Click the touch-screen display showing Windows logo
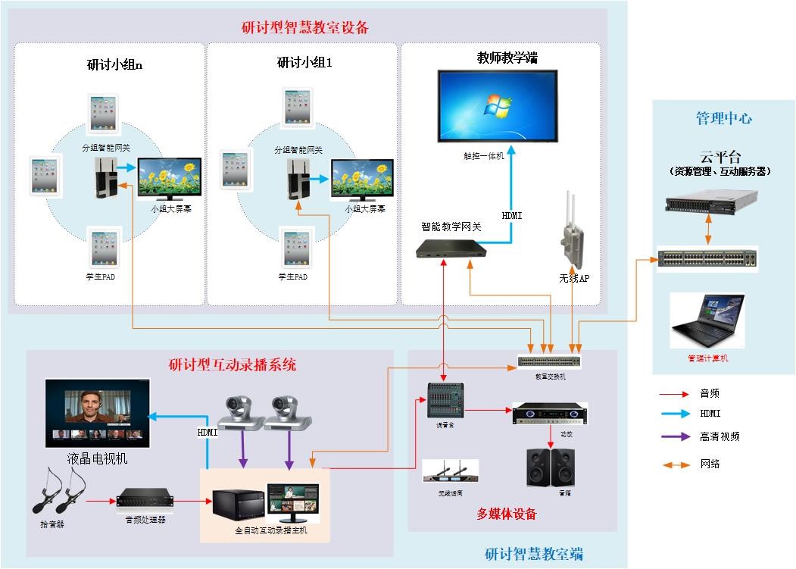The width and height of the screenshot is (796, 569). [497, 105]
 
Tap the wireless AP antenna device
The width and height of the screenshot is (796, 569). [573, 231]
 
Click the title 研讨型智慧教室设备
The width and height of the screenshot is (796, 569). [304, 28]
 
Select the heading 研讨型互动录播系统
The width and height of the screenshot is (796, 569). [232, 365]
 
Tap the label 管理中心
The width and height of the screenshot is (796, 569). [723, 118]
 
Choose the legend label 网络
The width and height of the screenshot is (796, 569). [710, 464]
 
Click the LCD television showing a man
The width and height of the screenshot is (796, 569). [98, 413]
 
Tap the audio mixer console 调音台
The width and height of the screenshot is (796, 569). [445, 400]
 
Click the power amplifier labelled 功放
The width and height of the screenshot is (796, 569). [550, 414]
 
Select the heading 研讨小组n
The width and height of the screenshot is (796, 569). [115, 64]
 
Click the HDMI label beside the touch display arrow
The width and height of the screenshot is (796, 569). [512, 216]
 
